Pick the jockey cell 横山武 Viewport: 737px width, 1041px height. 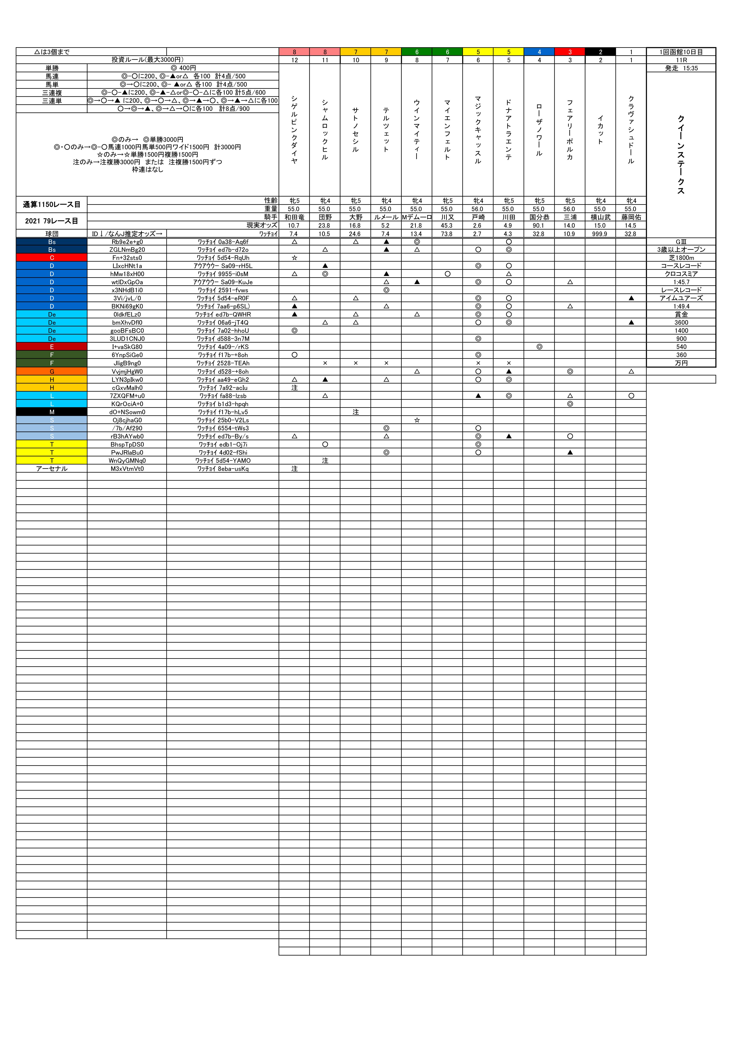point(600,217)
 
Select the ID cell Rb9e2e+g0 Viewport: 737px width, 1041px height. point(127,242)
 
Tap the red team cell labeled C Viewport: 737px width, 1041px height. point(52,258)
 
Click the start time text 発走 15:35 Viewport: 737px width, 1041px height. point(681,68)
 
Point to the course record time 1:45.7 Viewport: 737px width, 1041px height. point(681,282)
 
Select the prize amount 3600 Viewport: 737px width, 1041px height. point(681,322)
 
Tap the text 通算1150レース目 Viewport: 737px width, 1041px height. point(52,204)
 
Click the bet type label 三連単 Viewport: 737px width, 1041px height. point(52,101)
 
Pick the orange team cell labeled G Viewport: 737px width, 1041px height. point(52,371)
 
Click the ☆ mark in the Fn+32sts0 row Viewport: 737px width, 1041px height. point(295,258)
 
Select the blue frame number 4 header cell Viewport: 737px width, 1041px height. point(539,52)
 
